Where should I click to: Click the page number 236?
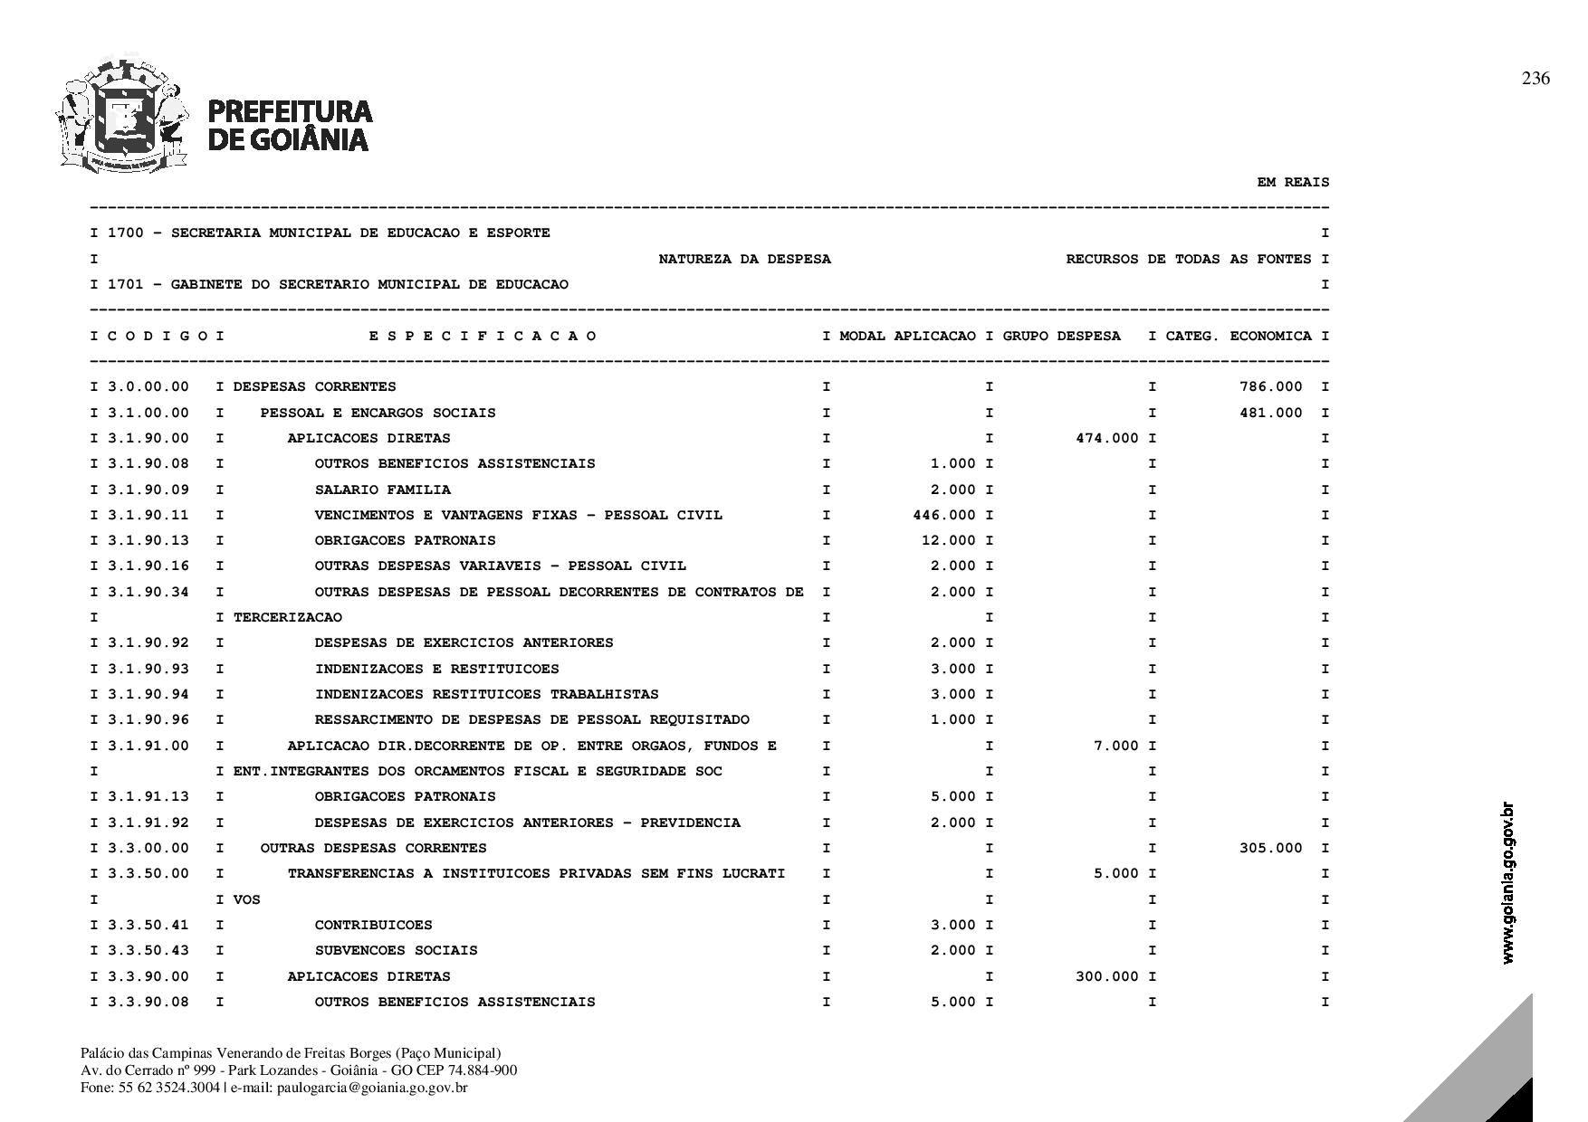tap(1535, 79)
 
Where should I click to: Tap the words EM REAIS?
tap(1293, 182)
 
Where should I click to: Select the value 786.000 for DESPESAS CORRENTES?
tap(1270, 386)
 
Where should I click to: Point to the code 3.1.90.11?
tap(148, 515)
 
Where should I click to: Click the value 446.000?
tap(944, 515)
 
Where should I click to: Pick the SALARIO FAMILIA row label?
tap(382, 490)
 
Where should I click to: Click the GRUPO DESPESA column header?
tap(1061, 336)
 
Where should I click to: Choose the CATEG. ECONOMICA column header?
tap(1239, 336)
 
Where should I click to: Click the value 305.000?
tap(1270, 848)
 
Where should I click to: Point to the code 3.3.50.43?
tap(148, 950)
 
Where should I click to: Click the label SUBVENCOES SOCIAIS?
tap(396, 950)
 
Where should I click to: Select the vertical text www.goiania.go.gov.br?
tap(1507, 882)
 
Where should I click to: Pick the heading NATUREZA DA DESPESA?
tap(744, 259)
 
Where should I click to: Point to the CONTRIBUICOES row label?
tap(373, 925)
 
